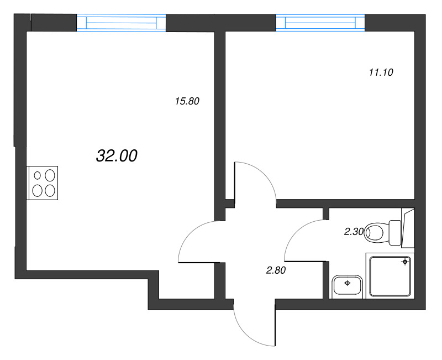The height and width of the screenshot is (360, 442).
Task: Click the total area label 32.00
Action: (117, 156)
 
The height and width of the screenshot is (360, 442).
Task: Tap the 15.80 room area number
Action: (186, 101)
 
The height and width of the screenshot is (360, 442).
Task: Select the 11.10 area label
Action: (380, 72)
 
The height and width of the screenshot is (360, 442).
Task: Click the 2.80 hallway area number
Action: (276, 270)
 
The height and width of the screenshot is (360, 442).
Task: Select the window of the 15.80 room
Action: (121, 23)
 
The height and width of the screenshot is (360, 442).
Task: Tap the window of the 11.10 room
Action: (320, 23)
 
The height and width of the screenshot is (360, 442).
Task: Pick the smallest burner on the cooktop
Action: (38, 175)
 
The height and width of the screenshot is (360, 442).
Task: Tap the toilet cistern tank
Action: (394, 233)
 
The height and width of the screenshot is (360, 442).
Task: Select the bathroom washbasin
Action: (348, 286)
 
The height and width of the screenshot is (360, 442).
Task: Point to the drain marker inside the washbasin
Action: (348, 283)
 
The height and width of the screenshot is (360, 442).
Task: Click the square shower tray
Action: (390, 276)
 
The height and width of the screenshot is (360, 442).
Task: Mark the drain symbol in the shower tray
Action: (406, 262)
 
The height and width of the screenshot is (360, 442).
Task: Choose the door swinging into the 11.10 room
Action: (254, 182)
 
